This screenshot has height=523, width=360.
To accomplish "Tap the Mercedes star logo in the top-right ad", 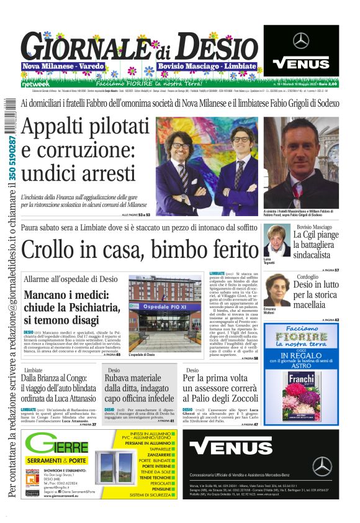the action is [301, 40].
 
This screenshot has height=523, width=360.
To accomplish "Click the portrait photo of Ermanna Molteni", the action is [277, 289].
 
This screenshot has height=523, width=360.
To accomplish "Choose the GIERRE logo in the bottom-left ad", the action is [57, 445].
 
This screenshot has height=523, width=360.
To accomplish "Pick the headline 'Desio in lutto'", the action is [317, 285].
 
